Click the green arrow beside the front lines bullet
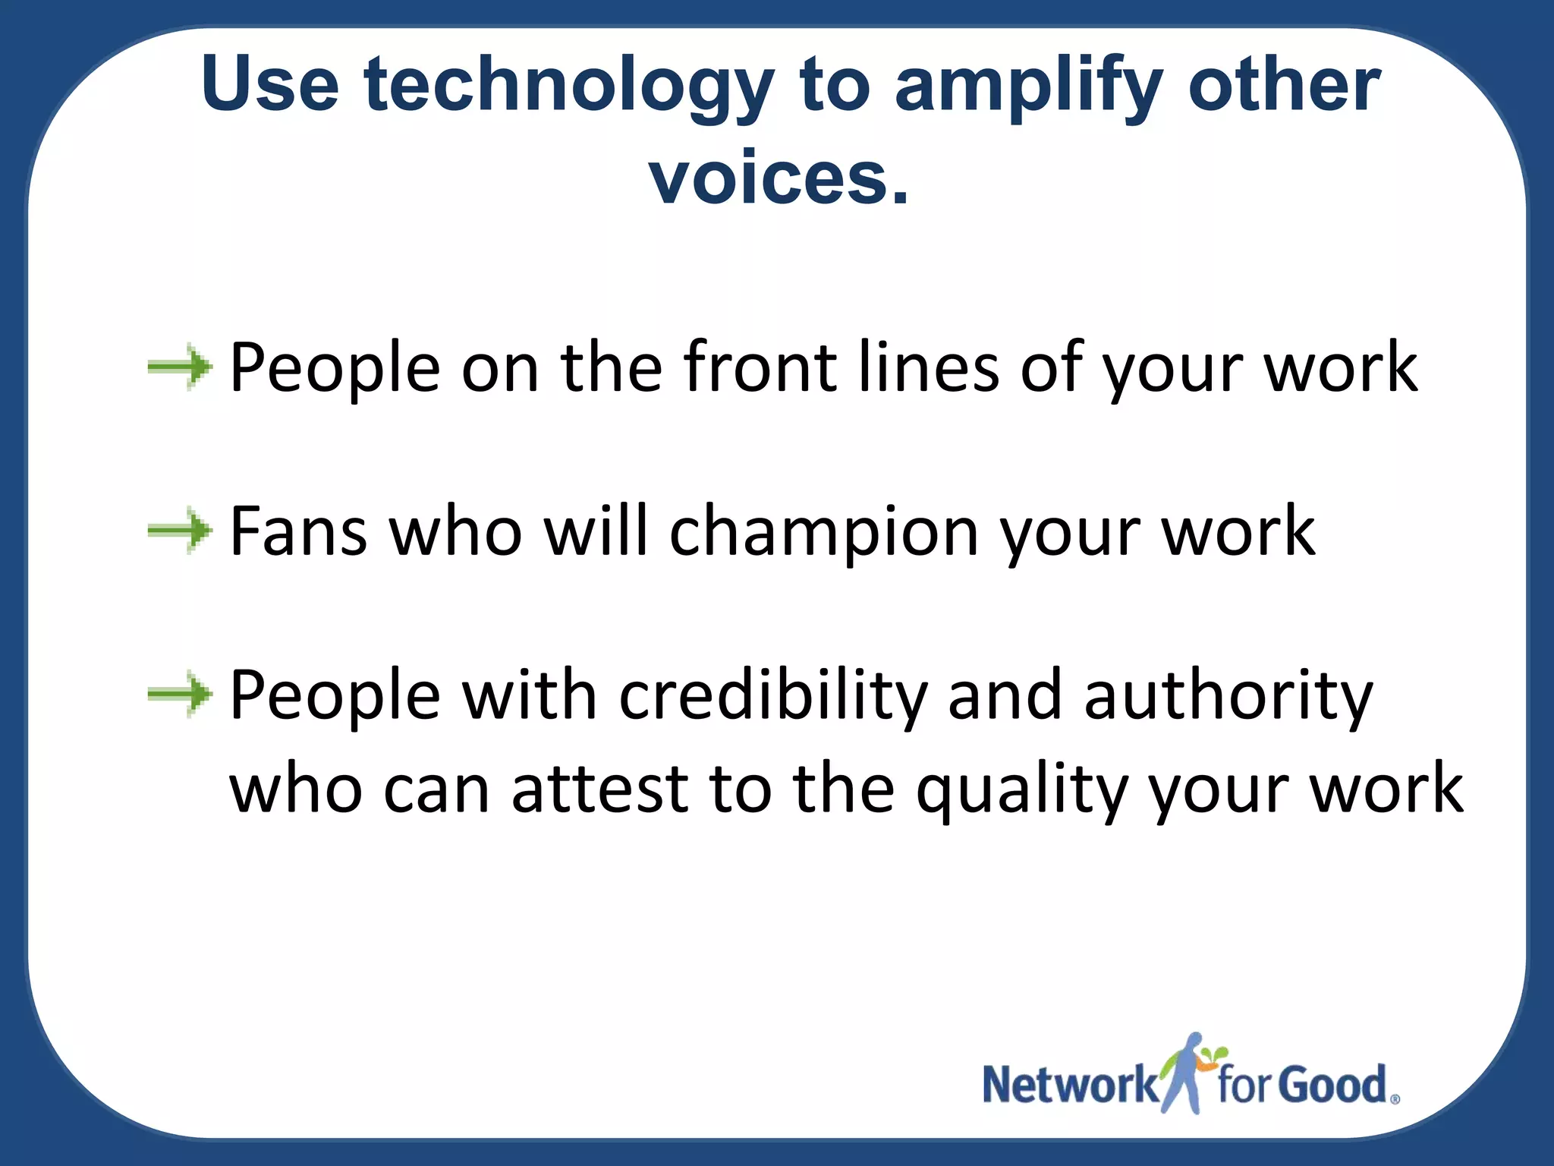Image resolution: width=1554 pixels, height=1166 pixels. pos(180,367)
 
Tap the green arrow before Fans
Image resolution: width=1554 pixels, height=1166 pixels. pos(180,531)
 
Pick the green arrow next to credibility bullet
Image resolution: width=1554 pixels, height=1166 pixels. pos(180,694)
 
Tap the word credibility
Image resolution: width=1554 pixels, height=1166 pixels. pos(773,695)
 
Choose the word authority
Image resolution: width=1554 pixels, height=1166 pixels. pos(1228,695)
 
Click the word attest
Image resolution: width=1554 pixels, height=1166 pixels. pos(599,789)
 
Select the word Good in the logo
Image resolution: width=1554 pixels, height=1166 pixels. pos(1332,1085)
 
